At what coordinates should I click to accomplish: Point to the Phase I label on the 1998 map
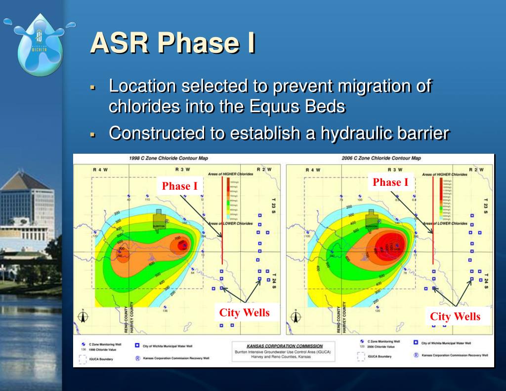tap(179, 186)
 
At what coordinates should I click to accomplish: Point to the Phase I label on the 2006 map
tap(390, 182)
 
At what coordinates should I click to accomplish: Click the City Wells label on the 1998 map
tap(244, 312)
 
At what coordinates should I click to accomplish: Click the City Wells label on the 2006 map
tap(455, 316)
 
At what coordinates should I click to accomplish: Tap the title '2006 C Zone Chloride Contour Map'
tap(381, 159)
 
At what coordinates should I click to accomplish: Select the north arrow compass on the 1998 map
tap(83, 317)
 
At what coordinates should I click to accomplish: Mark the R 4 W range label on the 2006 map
tap(312, 170)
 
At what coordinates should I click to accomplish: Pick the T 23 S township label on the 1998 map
tap(274, 207)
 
